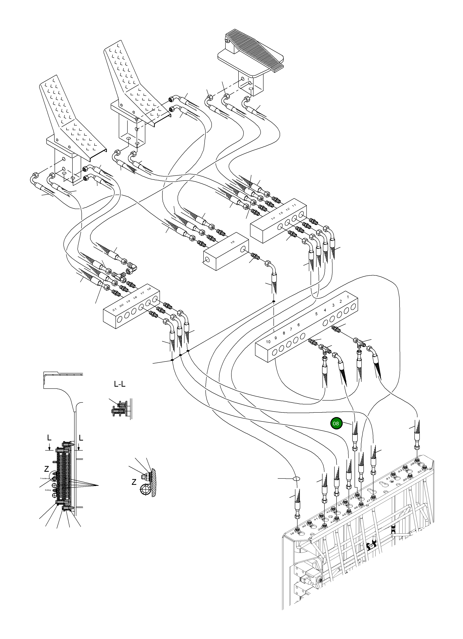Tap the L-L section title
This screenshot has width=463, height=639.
coord(120,384)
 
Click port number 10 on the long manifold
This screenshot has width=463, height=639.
coord(268,342)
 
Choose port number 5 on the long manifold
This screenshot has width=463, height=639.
coord(316,314)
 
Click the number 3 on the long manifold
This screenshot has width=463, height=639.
coord(333,305)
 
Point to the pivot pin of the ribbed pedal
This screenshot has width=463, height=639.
coord(227,42)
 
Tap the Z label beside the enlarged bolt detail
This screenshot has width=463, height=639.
coord(134,482)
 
